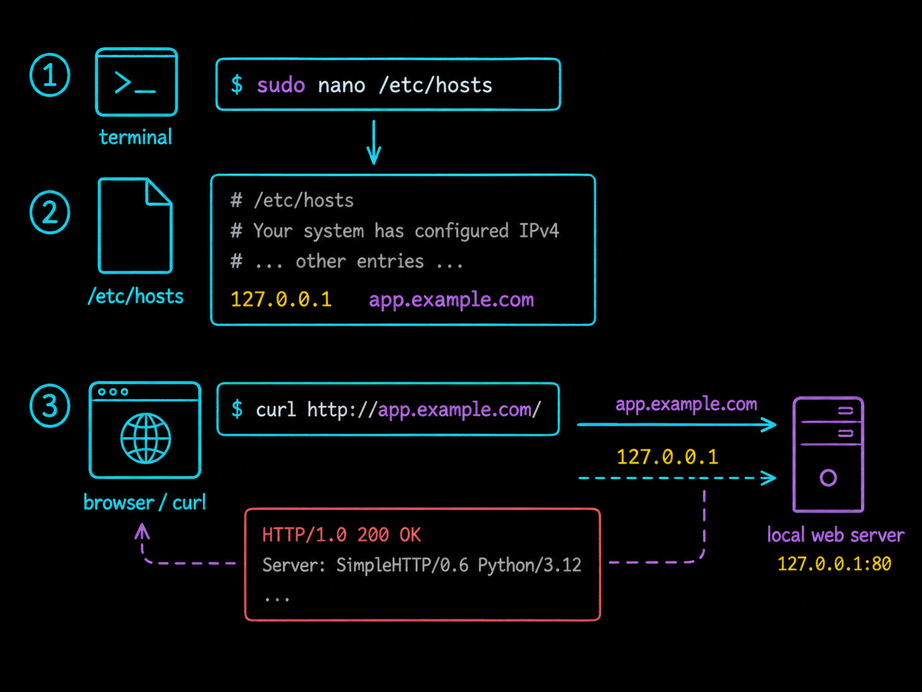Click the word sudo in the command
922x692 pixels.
click(x=281, y=85)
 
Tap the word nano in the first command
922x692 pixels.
click(x=341, y=86)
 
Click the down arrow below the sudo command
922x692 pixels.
click(x=374, y=143)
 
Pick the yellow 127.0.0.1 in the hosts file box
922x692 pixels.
click(x=281, y=299)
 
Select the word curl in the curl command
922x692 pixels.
click(x=276, y=409)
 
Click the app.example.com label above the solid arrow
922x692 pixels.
click(x=686, y=404)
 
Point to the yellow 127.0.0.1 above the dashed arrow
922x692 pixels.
click(x=667, y=457)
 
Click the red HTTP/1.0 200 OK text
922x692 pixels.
click(x=341, y=535)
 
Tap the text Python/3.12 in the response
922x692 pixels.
click(x=530, y=566)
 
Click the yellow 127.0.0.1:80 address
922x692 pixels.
click(x=834, y=564)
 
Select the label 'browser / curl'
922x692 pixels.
click(x=145, y=503)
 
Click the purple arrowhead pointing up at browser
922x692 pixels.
click(x=142, y=531)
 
